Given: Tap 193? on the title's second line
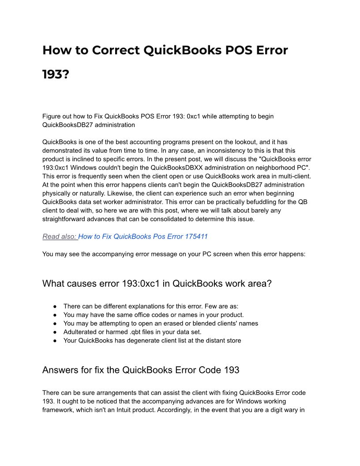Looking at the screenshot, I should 56,75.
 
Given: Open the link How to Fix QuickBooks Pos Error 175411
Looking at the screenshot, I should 143,237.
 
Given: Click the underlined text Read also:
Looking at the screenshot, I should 60,237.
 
